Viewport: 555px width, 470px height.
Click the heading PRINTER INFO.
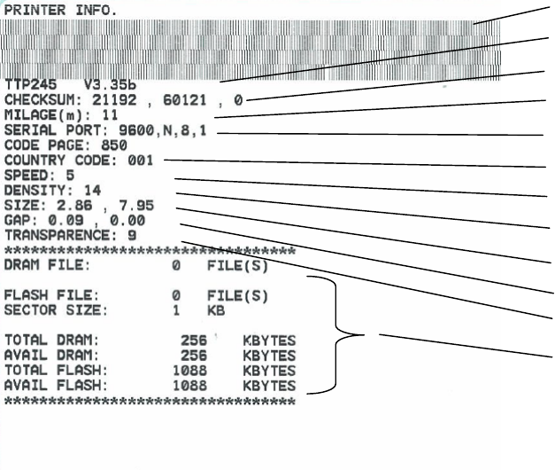(x=60, y=10)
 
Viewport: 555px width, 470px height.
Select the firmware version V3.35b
(x=111, y=85)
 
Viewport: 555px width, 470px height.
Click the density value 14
(x=92, y=191)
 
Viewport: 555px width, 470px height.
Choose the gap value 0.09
(x=65, y=221)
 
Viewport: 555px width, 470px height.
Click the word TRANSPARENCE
(x=61, y=236)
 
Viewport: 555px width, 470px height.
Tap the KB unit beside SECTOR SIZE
(x=216, y=311)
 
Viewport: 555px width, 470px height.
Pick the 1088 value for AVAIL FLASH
(x=189, y=387)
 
